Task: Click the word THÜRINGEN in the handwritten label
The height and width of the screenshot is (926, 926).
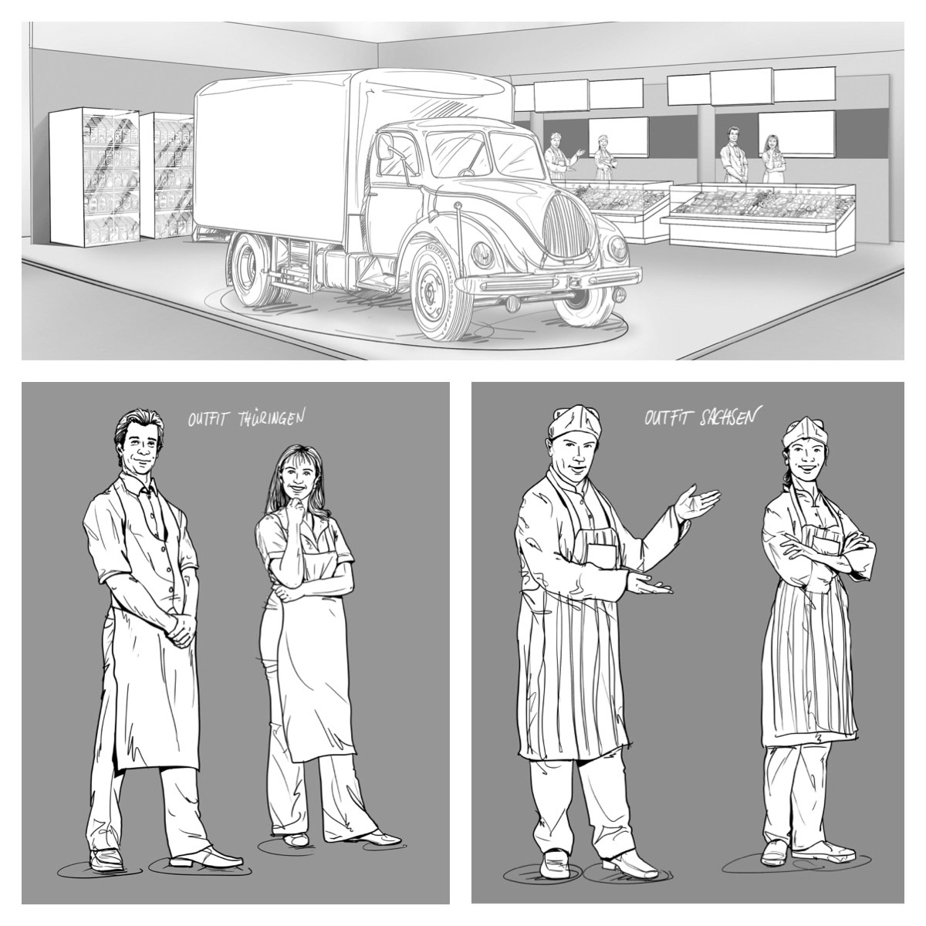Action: (x=272, y=418)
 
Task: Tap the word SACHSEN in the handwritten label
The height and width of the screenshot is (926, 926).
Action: (x=728, y=417)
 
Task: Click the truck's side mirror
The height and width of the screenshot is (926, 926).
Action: (x=385, y=146)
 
